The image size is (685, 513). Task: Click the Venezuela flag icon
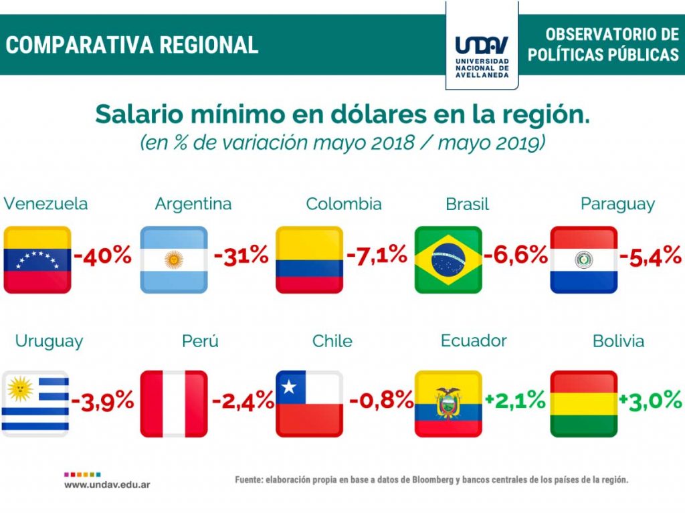[37, 260]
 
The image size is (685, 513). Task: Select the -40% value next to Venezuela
[102, 255]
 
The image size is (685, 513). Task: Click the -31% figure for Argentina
[241, 255]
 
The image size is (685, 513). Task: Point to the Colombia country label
[344, 204]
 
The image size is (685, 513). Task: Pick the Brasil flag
[448, 260]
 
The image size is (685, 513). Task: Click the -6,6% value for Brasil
[516, 255]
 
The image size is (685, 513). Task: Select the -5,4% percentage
[650, 255]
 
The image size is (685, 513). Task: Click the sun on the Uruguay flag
[20, 386]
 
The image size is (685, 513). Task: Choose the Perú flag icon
[174, 403]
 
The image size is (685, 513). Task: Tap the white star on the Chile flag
[289, 387]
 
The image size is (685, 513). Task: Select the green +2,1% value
[515, 400]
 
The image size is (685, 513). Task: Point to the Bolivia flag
[583, 403]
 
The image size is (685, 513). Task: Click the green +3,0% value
[650, 400]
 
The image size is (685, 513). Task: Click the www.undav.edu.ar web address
[107, 484]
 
